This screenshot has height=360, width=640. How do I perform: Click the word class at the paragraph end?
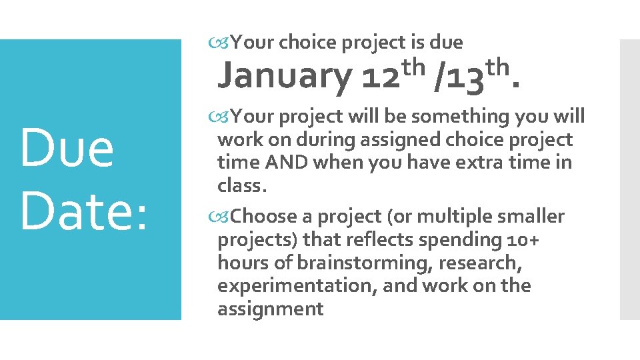pyautogui.click(x=240, y=186)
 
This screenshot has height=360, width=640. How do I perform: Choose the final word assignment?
pyautogui.click(x=270, y=309)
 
